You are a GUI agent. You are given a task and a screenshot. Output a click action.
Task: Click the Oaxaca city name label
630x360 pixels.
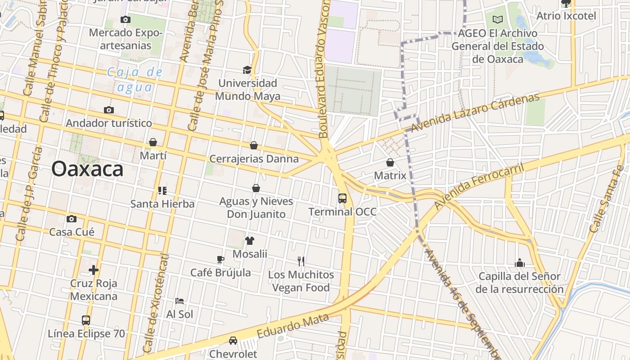87,169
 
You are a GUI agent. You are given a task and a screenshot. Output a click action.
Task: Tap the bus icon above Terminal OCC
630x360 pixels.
342,198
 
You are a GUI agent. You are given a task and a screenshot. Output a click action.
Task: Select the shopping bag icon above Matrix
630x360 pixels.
390,162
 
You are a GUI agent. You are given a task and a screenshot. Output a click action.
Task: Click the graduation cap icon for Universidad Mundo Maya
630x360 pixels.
247,70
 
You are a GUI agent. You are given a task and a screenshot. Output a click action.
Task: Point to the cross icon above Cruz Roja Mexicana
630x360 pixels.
94,270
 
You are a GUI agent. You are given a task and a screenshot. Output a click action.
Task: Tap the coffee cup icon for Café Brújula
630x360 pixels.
220,259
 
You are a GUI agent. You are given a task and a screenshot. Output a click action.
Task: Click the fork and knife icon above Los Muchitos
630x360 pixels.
301,261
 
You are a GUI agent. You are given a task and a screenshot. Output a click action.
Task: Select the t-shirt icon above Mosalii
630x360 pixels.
250,241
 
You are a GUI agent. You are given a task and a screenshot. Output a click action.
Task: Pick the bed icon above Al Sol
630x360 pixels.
180,301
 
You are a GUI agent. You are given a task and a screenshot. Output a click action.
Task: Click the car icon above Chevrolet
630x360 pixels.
233,341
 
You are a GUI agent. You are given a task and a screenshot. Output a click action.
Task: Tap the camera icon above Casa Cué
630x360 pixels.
72,219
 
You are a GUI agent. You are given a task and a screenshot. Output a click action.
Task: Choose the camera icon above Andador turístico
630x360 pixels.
108,110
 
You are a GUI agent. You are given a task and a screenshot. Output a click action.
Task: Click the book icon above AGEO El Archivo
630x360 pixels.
497,19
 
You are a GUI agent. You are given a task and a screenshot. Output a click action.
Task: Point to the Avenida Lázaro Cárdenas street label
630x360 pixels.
475,113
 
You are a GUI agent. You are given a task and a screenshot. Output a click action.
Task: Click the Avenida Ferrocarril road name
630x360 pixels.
480,187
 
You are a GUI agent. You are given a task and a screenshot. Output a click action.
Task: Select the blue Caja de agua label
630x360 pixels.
135,79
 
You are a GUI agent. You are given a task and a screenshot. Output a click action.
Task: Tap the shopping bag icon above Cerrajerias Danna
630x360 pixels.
254,145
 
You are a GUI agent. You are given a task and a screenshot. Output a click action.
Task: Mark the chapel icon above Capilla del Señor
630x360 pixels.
520,263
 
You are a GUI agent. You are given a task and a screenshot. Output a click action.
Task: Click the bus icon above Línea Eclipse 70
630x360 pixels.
86,320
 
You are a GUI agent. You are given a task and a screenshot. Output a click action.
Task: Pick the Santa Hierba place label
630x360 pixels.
162,204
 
